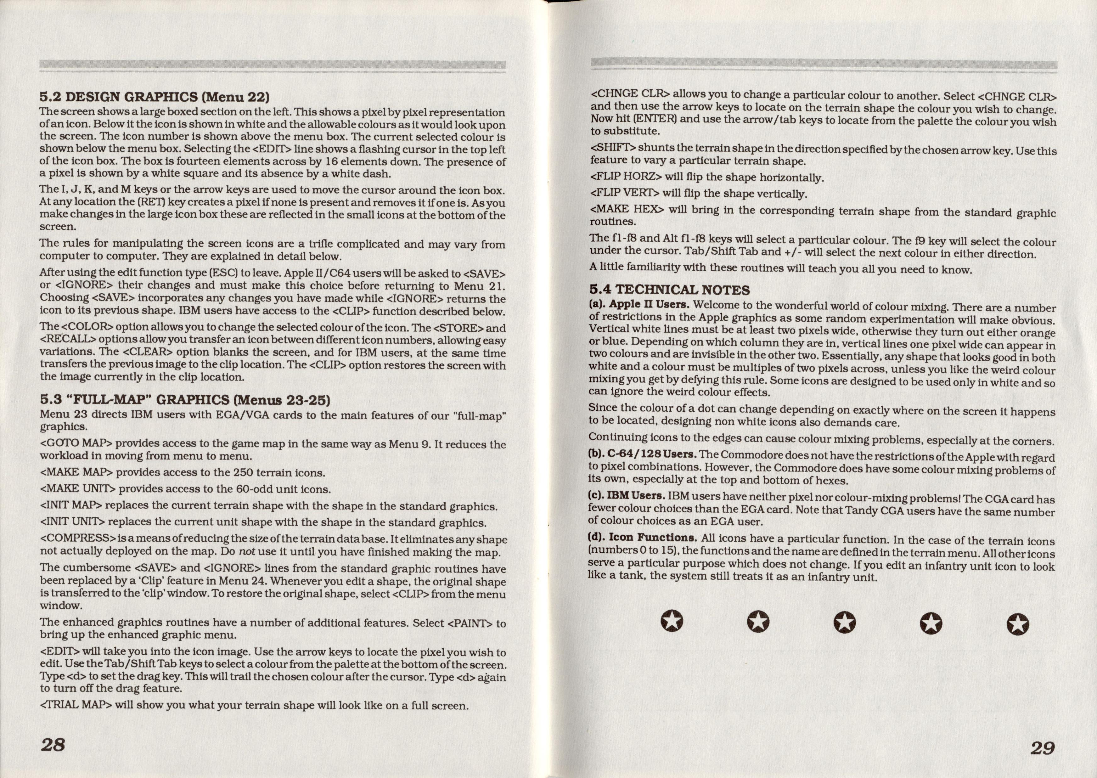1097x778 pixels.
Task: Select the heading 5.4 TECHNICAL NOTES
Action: tap(669, 289)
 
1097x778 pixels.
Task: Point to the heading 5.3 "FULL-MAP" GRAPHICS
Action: tap(185, 399)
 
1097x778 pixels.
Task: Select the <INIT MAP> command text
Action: tap(71, 505)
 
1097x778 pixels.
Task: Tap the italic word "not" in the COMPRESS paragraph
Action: tap(246, 552)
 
